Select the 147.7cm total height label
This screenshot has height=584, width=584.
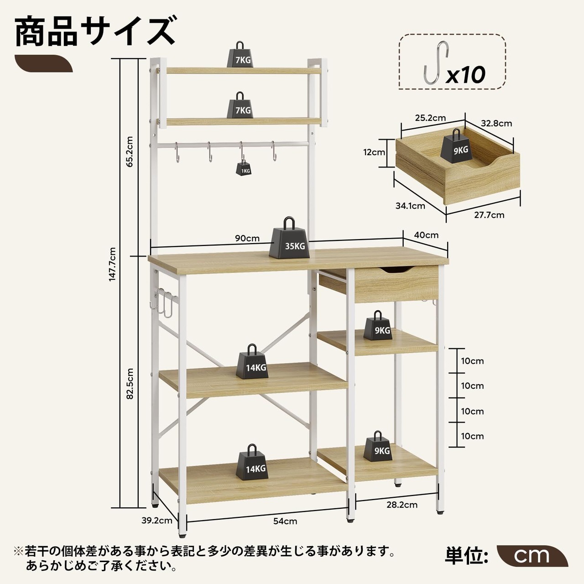point(113,264)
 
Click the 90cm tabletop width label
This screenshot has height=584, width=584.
point(247,238)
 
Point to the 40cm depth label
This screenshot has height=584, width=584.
point(426,235)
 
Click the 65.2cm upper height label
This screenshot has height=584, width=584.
point(130,151)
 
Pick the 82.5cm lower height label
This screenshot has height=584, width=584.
point(130,384)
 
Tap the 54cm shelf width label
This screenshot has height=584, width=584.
point(285,521)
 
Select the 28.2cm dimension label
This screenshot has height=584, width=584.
point(402,505)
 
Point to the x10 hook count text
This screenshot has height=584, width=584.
point(465,74)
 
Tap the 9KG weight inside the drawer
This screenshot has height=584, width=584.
point(456,146)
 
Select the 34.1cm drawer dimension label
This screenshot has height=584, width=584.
point(410,206)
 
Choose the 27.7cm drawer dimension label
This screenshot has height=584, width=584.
point(489,215)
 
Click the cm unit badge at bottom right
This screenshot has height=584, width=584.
point(532,555)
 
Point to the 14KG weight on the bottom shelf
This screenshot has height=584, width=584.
point(252,464)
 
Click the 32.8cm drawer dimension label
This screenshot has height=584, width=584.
point(496,123)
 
